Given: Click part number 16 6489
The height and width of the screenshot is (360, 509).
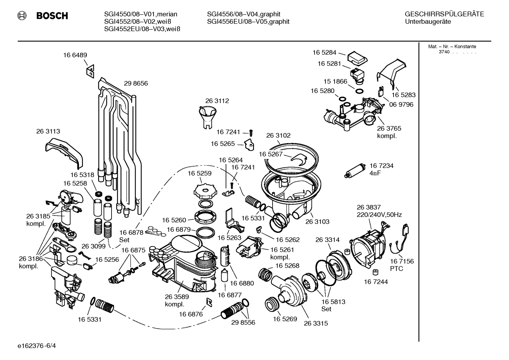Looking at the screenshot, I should (75, 55).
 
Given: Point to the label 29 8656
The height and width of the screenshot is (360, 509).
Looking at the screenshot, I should (136, 84).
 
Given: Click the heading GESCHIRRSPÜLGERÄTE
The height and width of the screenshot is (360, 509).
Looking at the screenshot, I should (444, 14).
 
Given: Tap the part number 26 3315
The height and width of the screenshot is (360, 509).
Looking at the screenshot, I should (316, 323).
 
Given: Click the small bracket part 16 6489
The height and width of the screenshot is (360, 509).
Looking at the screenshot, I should (90, 71).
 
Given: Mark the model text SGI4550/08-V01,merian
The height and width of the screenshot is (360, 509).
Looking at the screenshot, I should (140, 14).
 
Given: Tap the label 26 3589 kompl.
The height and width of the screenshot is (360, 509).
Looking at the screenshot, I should (176, 300).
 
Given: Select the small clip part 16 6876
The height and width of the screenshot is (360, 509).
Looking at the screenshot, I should (209, 301).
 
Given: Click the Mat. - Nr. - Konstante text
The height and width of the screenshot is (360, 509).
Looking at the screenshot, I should (452, 47).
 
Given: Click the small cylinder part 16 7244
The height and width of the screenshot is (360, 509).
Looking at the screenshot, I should (376, 272).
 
